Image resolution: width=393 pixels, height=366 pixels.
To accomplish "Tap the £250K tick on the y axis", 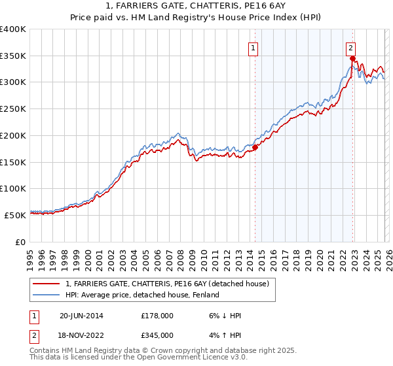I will [x=13, y=108].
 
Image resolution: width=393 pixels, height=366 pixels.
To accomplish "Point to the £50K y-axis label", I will [x=15, y=214].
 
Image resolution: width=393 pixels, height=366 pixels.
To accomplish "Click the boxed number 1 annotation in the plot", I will [x=253, y=47].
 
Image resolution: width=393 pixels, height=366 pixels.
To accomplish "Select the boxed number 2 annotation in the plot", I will [x=351, y=47].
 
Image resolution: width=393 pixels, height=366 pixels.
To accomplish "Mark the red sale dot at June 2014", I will [x=255, y=147].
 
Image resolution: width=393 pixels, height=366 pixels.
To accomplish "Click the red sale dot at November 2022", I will [x=352, y=59].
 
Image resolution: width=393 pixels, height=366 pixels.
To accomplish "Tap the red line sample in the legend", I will [x=47, y=283].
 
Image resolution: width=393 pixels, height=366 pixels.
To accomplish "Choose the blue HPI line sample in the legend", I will [x=47, y=295].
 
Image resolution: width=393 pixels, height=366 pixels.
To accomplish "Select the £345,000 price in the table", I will [x=157, y=335].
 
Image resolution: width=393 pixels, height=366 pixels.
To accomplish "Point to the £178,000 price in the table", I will [x=157, y=316].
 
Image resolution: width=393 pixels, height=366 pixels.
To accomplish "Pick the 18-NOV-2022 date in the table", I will [x=82, y=335].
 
